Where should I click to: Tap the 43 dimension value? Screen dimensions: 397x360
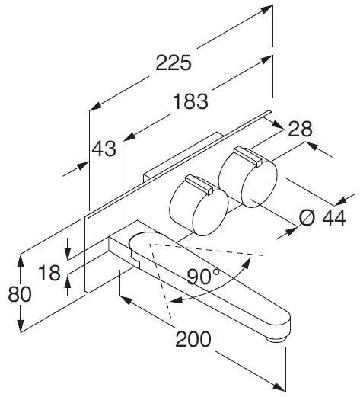[x=104, y=148]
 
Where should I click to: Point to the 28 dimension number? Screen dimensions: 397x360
[x=300, y=129]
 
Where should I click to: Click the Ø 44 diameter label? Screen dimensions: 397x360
[x=323, y=219]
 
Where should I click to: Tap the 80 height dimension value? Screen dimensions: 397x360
[x=18, y=296]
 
